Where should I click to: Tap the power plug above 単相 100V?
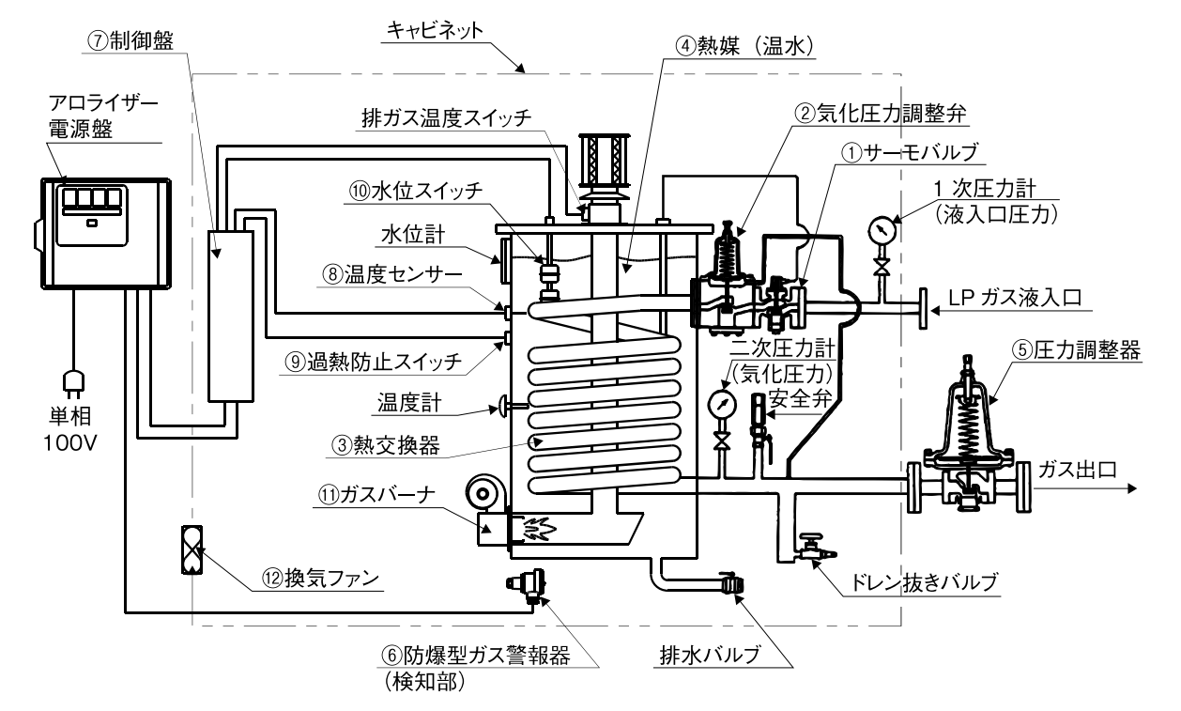[72, 381]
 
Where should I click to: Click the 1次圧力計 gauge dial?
[881, 229]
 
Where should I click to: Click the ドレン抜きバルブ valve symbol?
[808, 548]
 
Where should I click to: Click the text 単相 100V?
[72, 428]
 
